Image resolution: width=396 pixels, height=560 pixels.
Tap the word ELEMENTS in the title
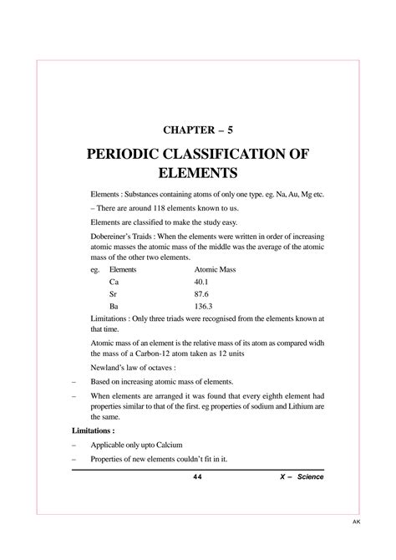click(198, 174)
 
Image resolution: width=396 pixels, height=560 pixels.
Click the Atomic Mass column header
click(216, 271)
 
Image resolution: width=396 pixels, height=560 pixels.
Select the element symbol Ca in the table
click(114, 283)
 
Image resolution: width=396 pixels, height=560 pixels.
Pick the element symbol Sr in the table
click(114, 294)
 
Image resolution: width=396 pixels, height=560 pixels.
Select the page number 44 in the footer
click(197, 476)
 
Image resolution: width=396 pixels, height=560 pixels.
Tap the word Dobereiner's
click(116, 237)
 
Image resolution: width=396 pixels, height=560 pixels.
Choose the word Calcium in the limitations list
click(170, 444)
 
